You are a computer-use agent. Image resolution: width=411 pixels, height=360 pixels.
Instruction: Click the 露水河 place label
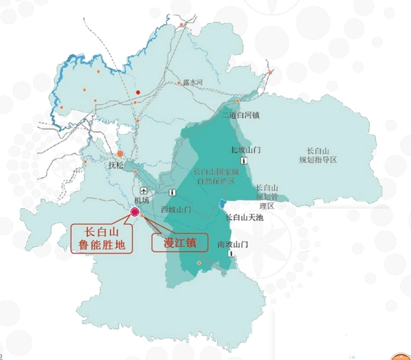pyautogui.click(x=194, y=84)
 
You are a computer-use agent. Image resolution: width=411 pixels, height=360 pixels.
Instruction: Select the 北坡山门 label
pyautogui.click(x=244, y=149)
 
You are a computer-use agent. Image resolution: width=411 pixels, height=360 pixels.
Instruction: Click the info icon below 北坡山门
pyautogui.click(x=244, y=161)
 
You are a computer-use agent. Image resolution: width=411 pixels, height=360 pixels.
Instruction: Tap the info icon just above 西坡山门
pyautogui.click(x=173, y=194)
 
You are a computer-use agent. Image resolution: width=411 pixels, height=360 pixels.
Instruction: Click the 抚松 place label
pyautogui.click(x=116, y=165)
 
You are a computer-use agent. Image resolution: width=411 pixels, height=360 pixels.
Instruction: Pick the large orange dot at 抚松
pyautogui.click(x=121, y=153)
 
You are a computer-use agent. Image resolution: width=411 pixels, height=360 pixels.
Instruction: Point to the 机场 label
pyautogui.click(x=142, y=199)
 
